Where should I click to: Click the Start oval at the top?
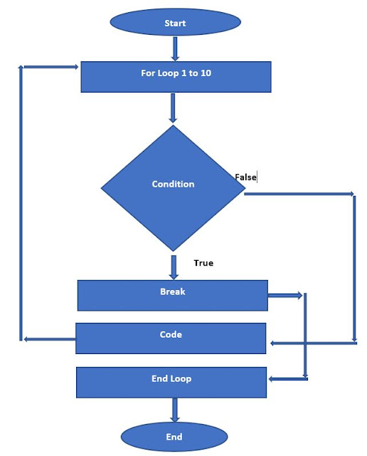point(174,23)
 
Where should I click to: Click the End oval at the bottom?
point(174,436)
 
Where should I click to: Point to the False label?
point(245,177)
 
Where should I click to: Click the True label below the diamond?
point(203,263)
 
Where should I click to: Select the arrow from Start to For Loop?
point(174,49)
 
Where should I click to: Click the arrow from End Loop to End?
point(174,410)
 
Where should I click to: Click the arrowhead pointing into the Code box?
point(272,343)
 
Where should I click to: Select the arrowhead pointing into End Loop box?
point(272,379)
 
